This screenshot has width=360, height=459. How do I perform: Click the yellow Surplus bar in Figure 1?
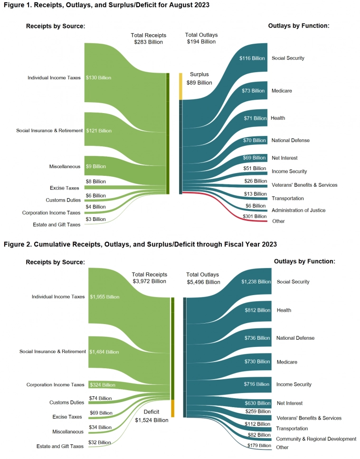[x=180, y=86]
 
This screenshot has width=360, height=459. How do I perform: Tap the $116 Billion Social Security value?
[x=252, y=58]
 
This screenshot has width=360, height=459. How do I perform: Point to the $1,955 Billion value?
[x=104, y=297]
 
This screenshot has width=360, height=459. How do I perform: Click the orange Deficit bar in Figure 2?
[x=172, y=408]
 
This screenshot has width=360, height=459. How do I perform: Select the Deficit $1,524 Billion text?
[x=152, y=416]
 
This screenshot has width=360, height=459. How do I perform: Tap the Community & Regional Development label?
[x=316, y=439]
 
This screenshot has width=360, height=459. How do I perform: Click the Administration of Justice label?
[x=298, y=210]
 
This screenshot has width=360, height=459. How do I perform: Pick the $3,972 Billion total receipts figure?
[x=150, y=281]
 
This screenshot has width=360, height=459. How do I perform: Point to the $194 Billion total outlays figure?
[x=200, y=42]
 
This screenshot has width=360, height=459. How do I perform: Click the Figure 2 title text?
[x=140, y=244]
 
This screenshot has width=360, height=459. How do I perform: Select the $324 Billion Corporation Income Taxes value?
[x=102, y=385]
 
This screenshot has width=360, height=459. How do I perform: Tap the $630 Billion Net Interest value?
[x=256, y=403]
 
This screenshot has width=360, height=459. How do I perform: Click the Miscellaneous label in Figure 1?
[x=64, y=167]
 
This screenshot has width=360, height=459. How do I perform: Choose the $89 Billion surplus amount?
[x=199, y=83]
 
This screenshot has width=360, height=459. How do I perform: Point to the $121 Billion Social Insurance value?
[x=99, y=131]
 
